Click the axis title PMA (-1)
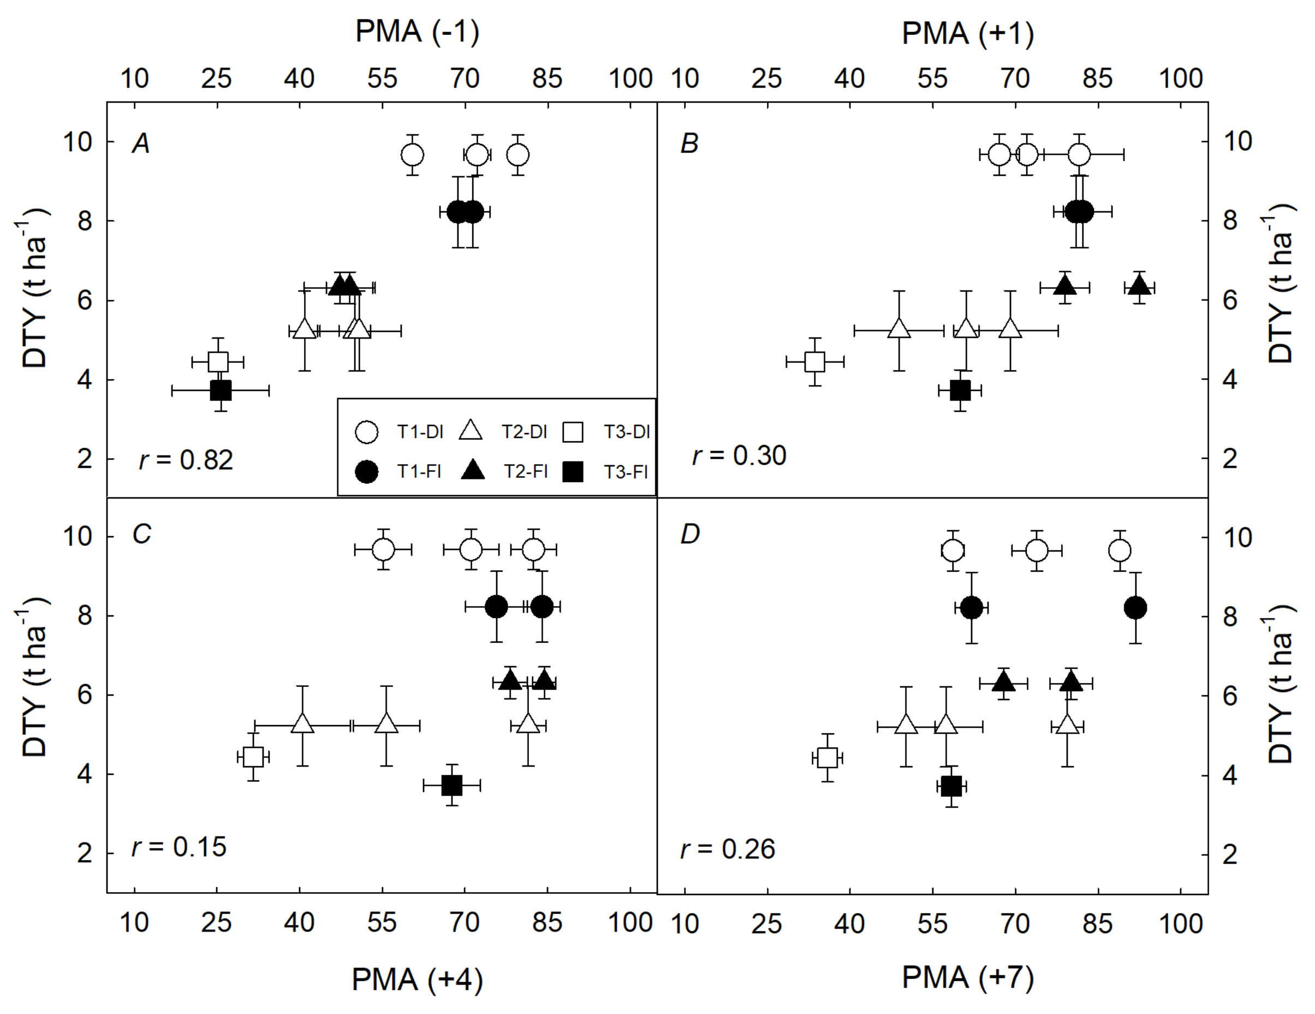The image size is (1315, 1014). click(417, 32)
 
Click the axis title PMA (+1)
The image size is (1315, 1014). click(968, 34)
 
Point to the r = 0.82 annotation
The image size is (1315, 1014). click(186, 460)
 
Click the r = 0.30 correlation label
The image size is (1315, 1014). click(740, 455)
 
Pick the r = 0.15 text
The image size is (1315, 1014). click(179, 847)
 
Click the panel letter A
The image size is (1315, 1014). click(141, 144)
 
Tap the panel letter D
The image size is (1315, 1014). click(689, 534)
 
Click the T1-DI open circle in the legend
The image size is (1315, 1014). click(367, 432)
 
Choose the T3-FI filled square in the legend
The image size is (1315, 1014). click(573, 472)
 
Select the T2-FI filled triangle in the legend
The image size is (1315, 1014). click(473, 471)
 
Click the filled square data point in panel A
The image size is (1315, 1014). click(221, 391)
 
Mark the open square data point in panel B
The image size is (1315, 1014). click(814, 362)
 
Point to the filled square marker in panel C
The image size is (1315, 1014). click(451, 785)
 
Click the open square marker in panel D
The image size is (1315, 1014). click(828, 758)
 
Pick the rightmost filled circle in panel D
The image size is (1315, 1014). click(1135, 608)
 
